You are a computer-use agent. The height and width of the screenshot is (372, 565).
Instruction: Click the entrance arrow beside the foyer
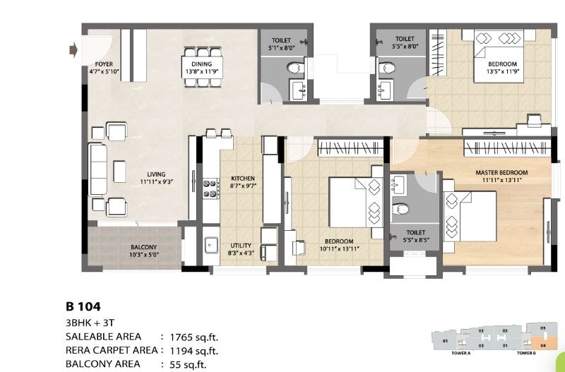pos(73,50)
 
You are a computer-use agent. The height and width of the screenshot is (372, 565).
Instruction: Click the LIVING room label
pos(156,174)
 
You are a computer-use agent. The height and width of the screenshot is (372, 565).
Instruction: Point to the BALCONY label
pos(143,247)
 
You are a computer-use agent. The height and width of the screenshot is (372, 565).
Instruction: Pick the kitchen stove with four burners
pos(210,188)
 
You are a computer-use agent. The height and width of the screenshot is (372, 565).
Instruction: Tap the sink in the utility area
pos(211,246)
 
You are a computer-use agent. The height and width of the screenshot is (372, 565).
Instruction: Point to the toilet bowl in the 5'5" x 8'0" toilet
pos(386,68)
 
